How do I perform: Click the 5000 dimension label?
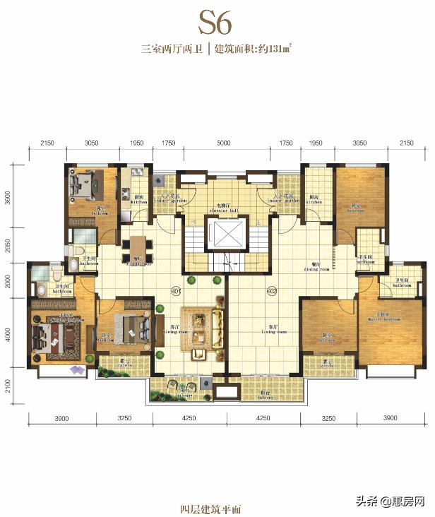point(223,143)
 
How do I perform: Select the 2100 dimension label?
point(8,387)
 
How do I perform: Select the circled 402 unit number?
point(270,290)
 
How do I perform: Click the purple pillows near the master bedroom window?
point(76,369)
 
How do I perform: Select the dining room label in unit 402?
point(316,268)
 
